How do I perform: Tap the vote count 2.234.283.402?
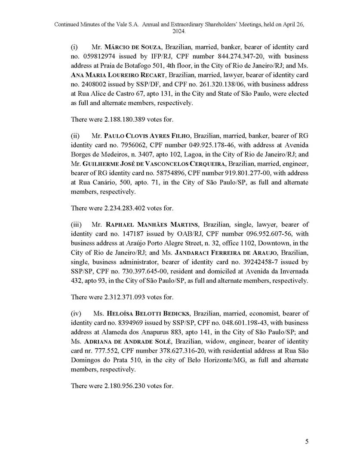pyautogui.click(x=125, y=208)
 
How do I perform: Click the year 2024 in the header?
pyautogui.click(x=179, y=32)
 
